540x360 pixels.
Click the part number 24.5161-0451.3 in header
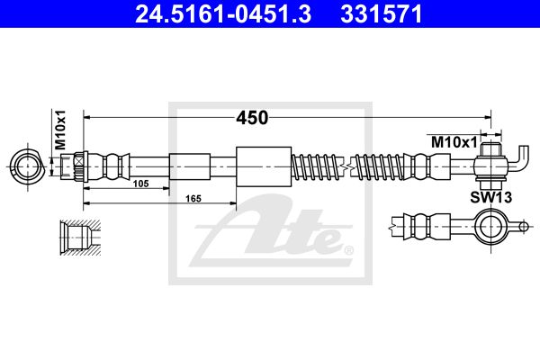click(x=223, y=14)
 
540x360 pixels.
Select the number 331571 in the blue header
click(x=382, y=14)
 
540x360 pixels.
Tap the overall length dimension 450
click(x=252, y=118)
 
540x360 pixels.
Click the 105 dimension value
click(x=141, y=184)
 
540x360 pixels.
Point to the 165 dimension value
click(x=193, y=199)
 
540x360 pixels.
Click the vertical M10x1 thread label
click(x=60, y=130)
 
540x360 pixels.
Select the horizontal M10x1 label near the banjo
click(x=454, y=142)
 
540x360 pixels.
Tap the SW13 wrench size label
click(x=491, y=197)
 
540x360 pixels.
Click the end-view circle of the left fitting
click(x=27, y=166)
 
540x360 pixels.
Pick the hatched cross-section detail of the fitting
click(x=80, y=238)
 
